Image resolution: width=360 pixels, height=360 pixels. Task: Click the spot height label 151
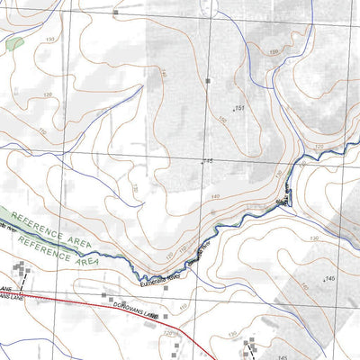239,108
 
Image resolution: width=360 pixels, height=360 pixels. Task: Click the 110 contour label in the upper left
41,132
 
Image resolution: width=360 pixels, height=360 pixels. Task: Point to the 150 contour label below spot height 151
221,121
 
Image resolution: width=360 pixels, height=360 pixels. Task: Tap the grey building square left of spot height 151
207,82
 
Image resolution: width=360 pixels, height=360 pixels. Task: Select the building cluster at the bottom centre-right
249,346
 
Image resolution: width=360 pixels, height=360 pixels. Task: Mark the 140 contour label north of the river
214,195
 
